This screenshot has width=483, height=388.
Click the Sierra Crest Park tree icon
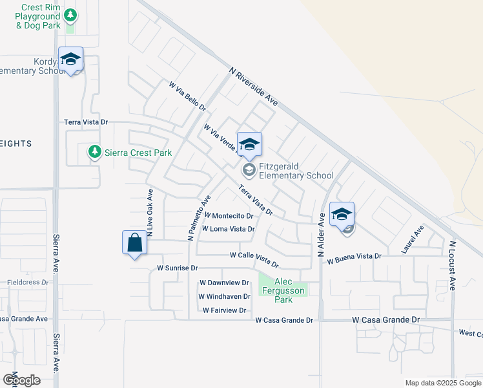(94, 151)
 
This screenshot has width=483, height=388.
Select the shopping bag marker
(134, 243)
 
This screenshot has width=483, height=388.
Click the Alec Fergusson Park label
(283, 290)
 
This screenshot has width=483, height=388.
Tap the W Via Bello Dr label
(187, 96)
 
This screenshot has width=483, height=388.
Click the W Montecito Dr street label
(228, 216)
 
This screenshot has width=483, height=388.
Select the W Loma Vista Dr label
(228, 229)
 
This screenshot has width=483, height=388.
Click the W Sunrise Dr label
(176, 268)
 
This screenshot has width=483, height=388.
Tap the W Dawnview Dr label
(224, 283)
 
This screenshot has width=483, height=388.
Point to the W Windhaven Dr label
(224, 297)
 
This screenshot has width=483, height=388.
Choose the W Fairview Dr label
(224, 310)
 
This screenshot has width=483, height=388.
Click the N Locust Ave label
(453, 265)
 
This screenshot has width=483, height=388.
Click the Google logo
(21, 380)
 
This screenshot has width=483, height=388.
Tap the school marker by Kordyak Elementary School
(70, 60)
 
